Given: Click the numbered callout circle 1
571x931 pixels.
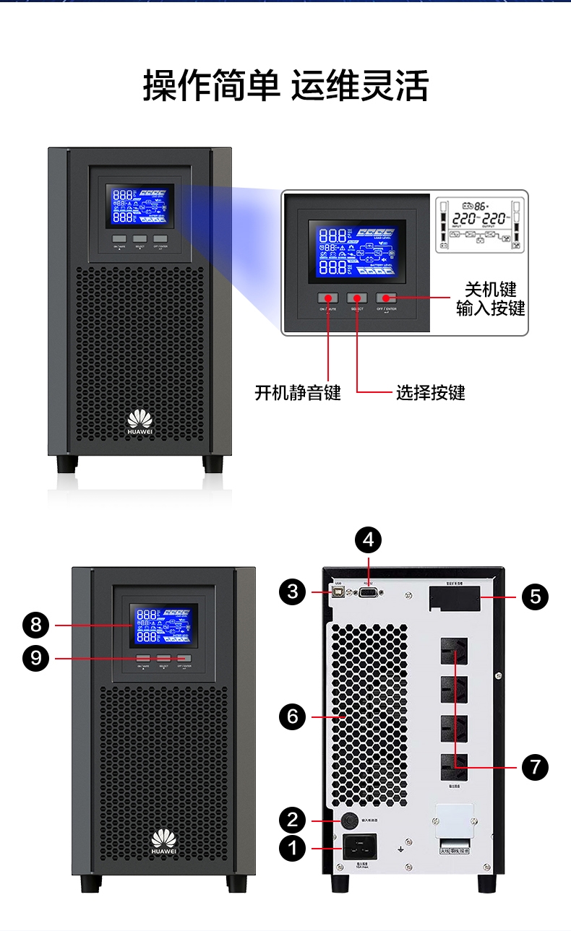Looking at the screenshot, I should pyautogui.click(x=293, y=849).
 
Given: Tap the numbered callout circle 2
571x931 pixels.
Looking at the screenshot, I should pyautogui.click(x=293, y=820).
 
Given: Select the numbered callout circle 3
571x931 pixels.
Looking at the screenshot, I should pyautogui.click(x=293, y=592).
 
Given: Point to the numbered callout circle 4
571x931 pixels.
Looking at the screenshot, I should pyautogui.click(x=369, y=540).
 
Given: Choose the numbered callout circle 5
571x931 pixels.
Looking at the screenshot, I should pyautogui.click(x=535, y=597).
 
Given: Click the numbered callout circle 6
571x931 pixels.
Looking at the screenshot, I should pyautogui.click(x=293, y=716).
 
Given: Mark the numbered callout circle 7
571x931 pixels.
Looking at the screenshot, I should pyautogui.click(x=535, y=766).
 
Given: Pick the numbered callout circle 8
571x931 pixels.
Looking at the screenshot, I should pyautogui.click(x=36, y=625).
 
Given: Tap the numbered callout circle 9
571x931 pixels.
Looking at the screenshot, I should pyautogui.click(x=36, y=658).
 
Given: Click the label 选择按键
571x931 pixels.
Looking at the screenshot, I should pyautogui.click(x=430, y=392).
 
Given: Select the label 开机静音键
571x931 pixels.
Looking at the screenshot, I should pyautogui.click(x=298, y=392).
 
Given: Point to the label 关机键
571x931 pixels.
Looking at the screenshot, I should pyautogui.click(x=491, y=290).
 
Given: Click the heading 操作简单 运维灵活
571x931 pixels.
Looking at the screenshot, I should pyautogui.click(x=285, y=86).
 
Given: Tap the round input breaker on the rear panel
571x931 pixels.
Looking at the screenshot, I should pyautogui.click(x=349, y=820).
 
